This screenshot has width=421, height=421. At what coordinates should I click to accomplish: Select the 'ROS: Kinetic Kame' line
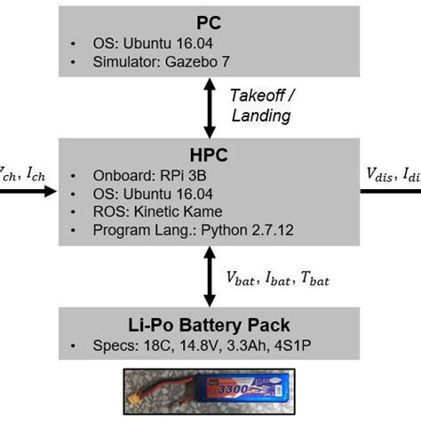(147, 212)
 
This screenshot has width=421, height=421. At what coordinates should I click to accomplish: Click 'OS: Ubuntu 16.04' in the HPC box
(142, 194)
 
